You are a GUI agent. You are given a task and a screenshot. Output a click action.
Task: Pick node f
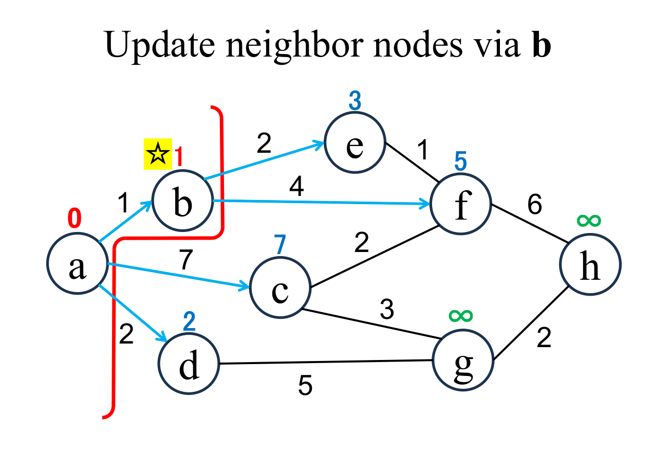pos(461,203)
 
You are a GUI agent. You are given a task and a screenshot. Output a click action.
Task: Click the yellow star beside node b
pos(157,154)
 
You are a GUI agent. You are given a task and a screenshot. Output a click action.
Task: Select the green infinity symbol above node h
pos(589,221)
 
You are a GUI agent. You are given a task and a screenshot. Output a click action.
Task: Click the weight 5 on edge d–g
pos(305,386)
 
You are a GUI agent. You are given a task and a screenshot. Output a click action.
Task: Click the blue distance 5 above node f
pos(460,161)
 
